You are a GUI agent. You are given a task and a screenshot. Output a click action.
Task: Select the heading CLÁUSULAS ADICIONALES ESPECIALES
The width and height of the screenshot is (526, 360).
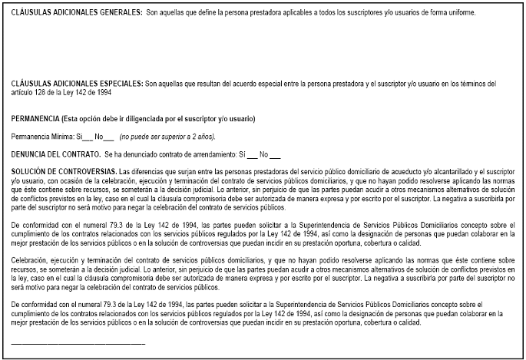point(77,82)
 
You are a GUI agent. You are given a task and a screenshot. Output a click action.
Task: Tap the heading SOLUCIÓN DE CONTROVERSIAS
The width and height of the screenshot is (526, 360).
point(63,170)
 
